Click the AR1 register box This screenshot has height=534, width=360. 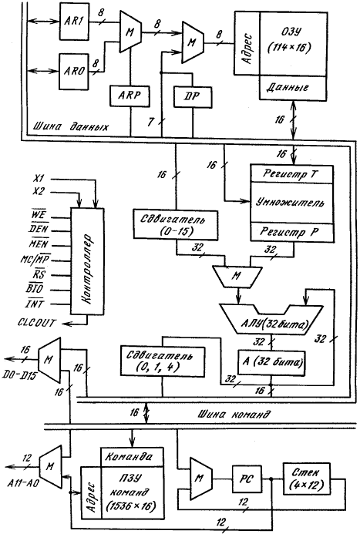click(x=74, y=20)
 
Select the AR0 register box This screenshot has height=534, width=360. click(x=74, y=71)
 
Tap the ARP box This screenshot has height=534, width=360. click(x=130, y=96)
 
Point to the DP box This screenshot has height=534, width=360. click(x=192, y=97)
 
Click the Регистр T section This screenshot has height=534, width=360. click(x=291, y=173)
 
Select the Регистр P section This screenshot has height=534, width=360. click(x=291, y=233)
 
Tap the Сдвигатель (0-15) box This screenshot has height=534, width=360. click(x=176, y=224)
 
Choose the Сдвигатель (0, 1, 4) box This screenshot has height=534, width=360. click(x=163, y=361)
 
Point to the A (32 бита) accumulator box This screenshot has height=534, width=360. click(x=271, y=363)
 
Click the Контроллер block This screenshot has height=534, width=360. click(x=87, y=261)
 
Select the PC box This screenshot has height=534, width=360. click(x=247, y=479)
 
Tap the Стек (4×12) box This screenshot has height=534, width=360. click(x=306, y=479)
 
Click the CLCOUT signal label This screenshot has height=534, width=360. click(x=36, y=323)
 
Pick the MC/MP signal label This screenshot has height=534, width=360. click(x=35, y=260)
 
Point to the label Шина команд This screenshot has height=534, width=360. click(x=234, y=415)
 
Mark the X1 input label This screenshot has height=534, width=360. click(x=39, y=178)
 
